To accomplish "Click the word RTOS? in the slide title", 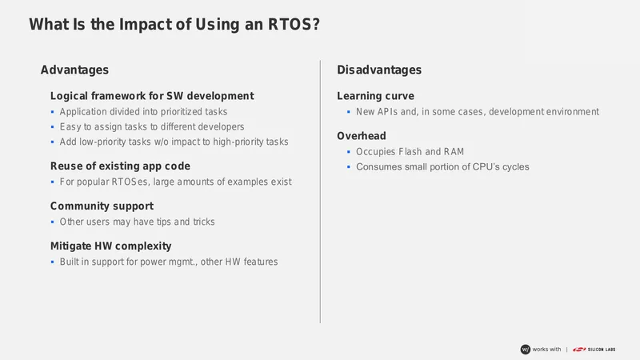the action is tap(294, 24).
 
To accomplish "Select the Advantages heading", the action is tap(74, 70).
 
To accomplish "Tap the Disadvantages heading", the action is tap(379, 70).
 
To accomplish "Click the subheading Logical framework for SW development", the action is tap(152, 96).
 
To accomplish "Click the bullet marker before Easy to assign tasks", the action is tap(52, 127).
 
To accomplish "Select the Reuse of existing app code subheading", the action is tap(121, 166).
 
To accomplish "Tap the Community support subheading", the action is tap(102, 206).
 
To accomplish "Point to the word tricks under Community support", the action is tap(204, 222).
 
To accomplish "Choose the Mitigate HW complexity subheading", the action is tap(111, 246).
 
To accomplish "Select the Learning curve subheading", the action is tap(375, 96).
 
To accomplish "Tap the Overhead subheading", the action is tap(362, 136).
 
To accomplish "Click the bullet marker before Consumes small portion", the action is tap(349, 167).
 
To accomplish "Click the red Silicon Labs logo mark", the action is tap(578, 350).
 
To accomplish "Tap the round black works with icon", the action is tap(526, 350).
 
